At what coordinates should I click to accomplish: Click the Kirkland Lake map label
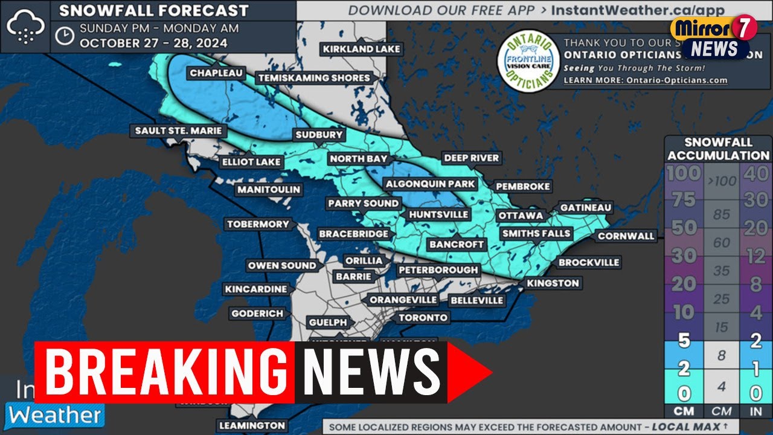[361, 49]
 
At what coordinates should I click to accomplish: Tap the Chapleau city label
[216, 73]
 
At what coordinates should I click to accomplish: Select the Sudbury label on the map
[319, 135]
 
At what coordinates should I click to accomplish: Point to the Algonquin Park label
[431, 184]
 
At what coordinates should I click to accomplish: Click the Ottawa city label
[520, 216]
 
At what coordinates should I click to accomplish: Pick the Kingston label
[553, 283]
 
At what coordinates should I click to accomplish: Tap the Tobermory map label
[258, 224]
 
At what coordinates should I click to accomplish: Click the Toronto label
[423, 317]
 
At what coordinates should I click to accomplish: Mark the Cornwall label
[626, 236]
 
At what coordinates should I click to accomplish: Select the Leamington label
[252, 425]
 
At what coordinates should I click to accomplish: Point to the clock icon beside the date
[64, 36]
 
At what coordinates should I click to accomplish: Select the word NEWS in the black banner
[371, 371]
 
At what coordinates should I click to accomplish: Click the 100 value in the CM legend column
[684, 174]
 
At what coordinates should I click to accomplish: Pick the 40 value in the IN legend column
[755, 174]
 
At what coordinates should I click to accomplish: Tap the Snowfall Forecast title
[154, 10]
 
